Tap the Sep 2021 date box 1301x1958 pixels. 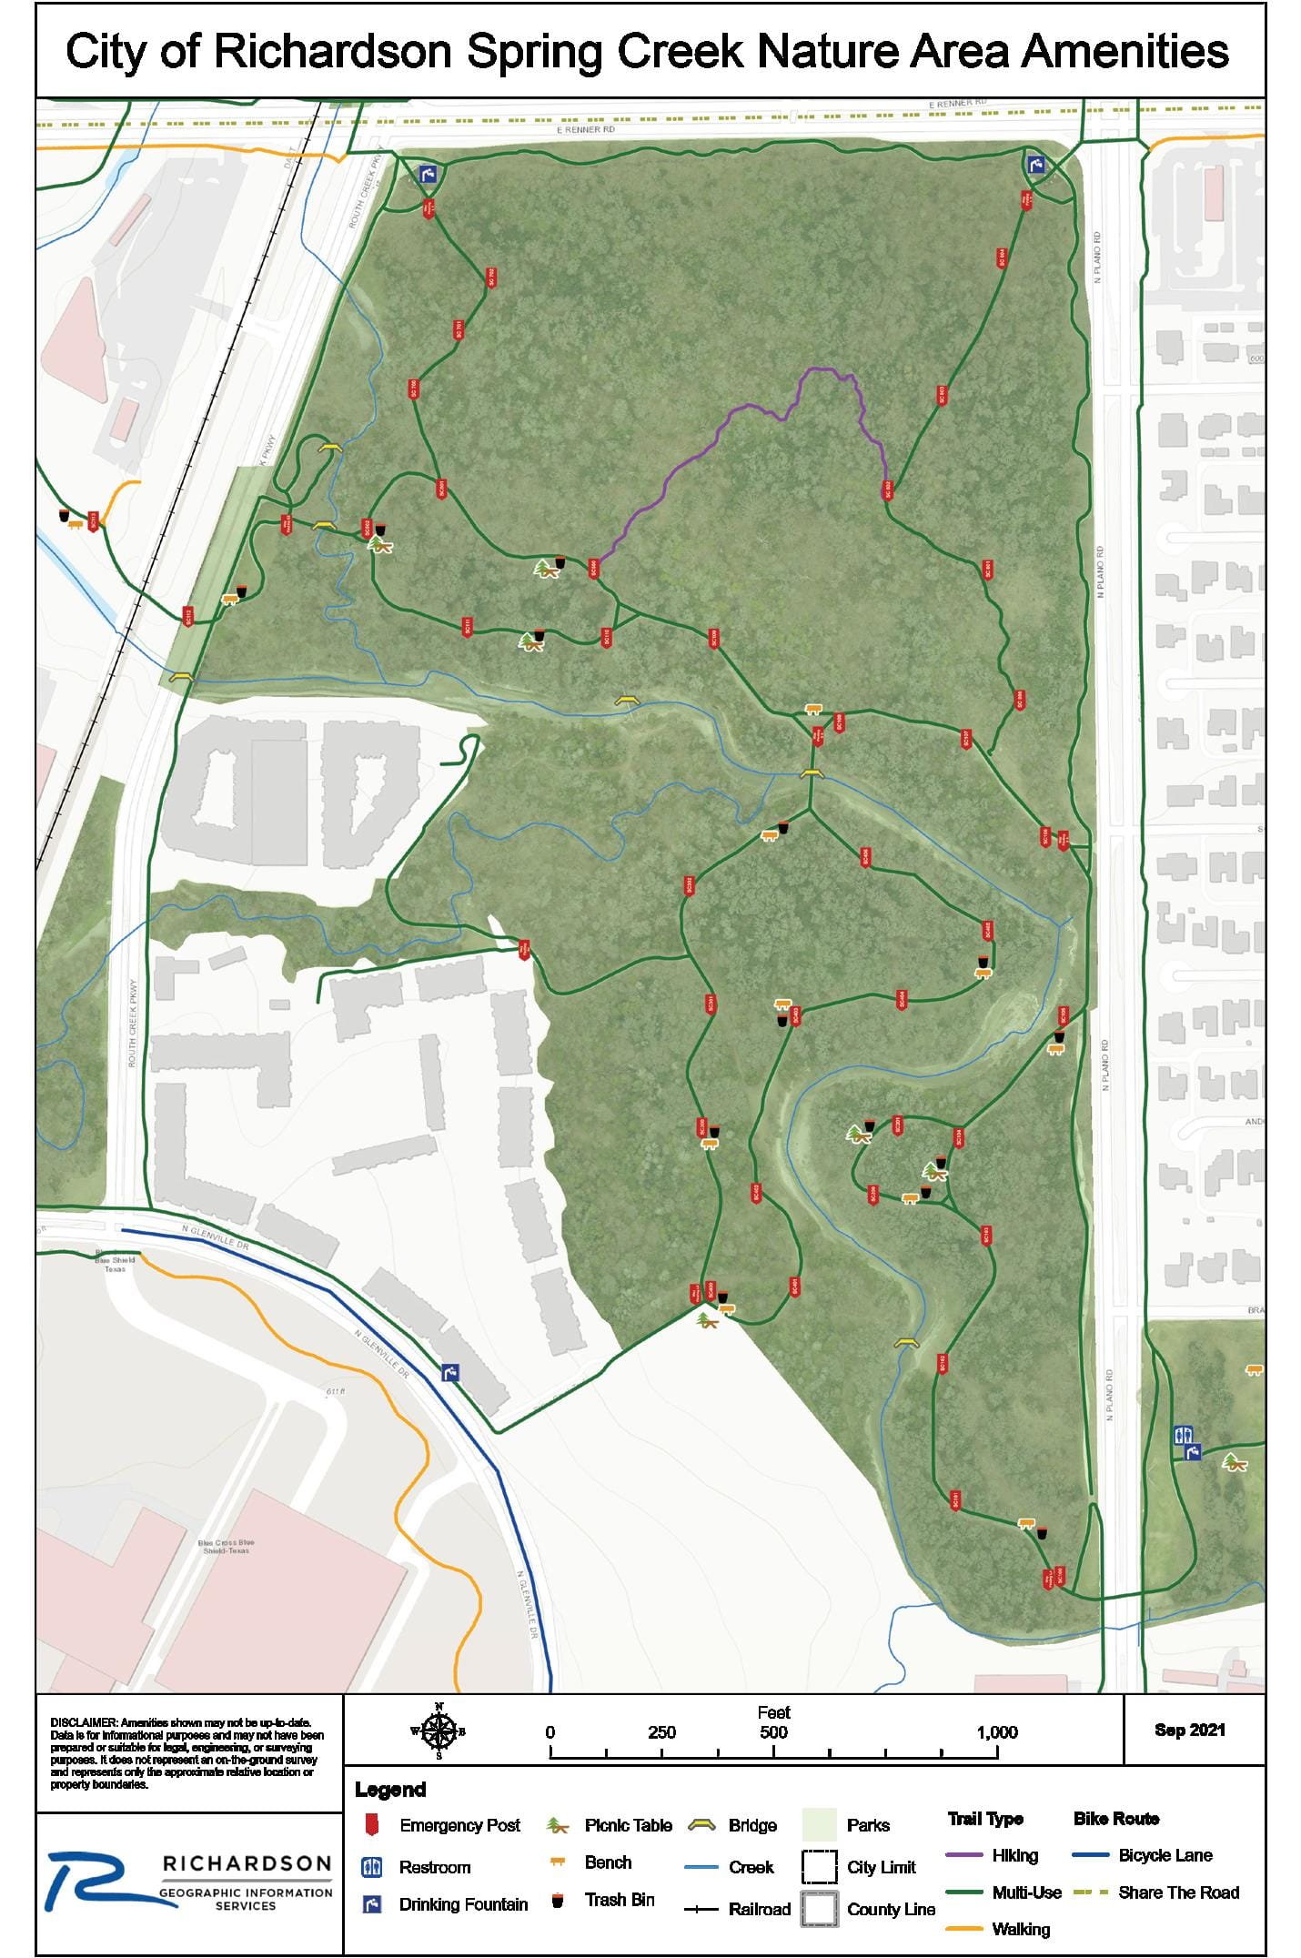click(1189, 1730)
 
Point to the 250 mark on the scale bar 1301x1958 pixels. click(661, 1732)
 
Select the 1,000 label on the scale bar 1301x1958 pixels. click(997, 1732)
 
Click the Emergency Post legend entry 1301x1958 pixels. click(459, 1825)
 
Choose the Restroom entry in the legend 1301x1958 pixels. click(434, 1867)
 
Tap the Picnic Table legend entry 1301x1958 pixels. click(628, 1825)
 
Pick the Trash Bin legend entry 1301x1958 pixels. click(619, 1900)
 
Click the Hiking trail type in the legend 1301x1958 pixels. click(1014, 1855)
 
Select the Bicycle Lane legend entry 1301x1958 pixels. click(1165, 1855)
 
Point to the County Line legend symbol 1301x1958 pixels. click(819, 1909)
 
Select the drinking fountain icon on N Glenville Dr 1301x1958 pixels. click(450, 1372)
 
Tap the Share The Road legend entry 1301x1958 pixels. click(1178, 1892)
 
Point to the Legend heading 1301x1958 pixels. click(390, 1790)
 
